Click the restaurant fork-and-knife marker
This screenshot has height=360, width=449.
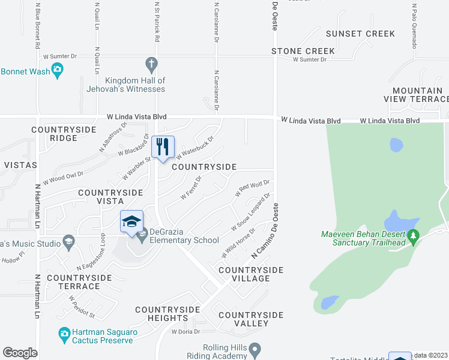tap(163, 147)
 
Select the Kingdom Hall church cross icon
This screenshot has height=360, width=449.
tap(151, 63)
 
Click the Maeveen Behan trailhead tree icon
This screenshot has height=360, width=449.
tap(413, 236)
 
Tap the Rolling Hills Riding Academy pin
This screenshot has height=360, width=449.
tap(255, 348)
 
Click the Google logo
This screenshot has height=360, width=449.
tap(20, 353)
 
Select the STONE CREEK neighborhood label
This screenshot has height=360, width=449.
tap(303, 52)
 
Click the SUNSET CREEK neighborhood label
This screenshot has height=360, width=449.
tap(360, 34)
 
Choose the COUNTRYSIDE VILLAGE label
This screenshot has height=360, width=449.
tap(251, 274)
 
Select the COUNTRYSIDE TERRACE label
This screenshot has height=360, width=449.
tap(79, 282)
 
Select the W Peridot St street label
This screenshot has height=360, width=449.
tap(82, 306)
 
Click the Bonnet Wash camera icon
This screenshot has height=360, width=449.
tap(57, 71)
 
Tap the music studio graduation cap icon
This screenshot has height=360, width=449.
tap(68, 243)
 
